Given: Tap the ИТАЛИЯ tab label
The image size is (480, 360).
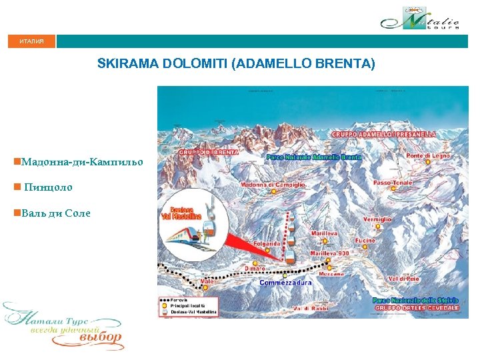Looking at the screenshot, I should click(31, 41).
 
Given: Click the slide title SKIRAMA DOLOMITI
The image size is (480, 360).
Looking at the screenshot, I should click(236, 64).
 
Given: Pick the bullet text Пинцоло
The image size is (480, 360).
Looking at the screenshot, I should click(48, 187).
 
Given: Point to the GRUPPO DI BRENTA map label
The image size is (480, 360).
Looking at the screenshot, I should click(208, 152).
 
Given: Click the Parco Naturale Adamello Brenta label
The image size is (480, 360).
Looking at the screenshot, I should click(313, 157).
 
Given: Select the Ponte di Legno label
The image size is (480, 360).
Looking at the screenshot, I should click(428, 156).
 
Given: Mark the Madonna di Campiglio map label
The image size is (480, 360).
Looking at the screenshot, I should click(273, 184).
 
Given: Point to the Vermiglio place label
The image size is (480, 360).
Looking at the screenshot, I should click(377, 219).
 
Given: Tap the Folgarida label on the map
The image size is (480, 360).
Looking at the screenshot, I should click(267, 244).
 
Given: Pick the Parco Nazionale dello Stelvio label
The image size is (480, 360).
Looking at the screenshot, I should click(417, 301).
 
